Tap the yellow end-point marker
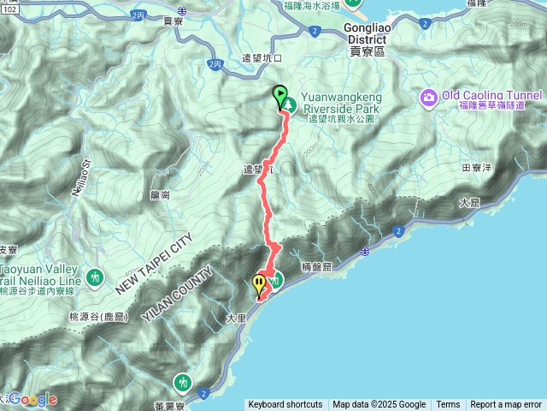pyautogui.click(x=259, y=283)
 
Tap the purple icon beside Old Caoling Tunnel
pyautogui.click(x=429, y=98)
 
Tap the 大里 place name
pyautogui.click(x=235, y=317)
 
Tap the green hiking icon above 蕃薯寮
pyautogui.click(x=183, y=381)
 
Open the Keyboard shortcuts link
pyautogui.click(x=285, y=404)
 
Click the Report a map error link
pyautogui.click(x=505, y=404)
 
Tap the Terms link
pyautogui.click(x=448, y=404)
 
